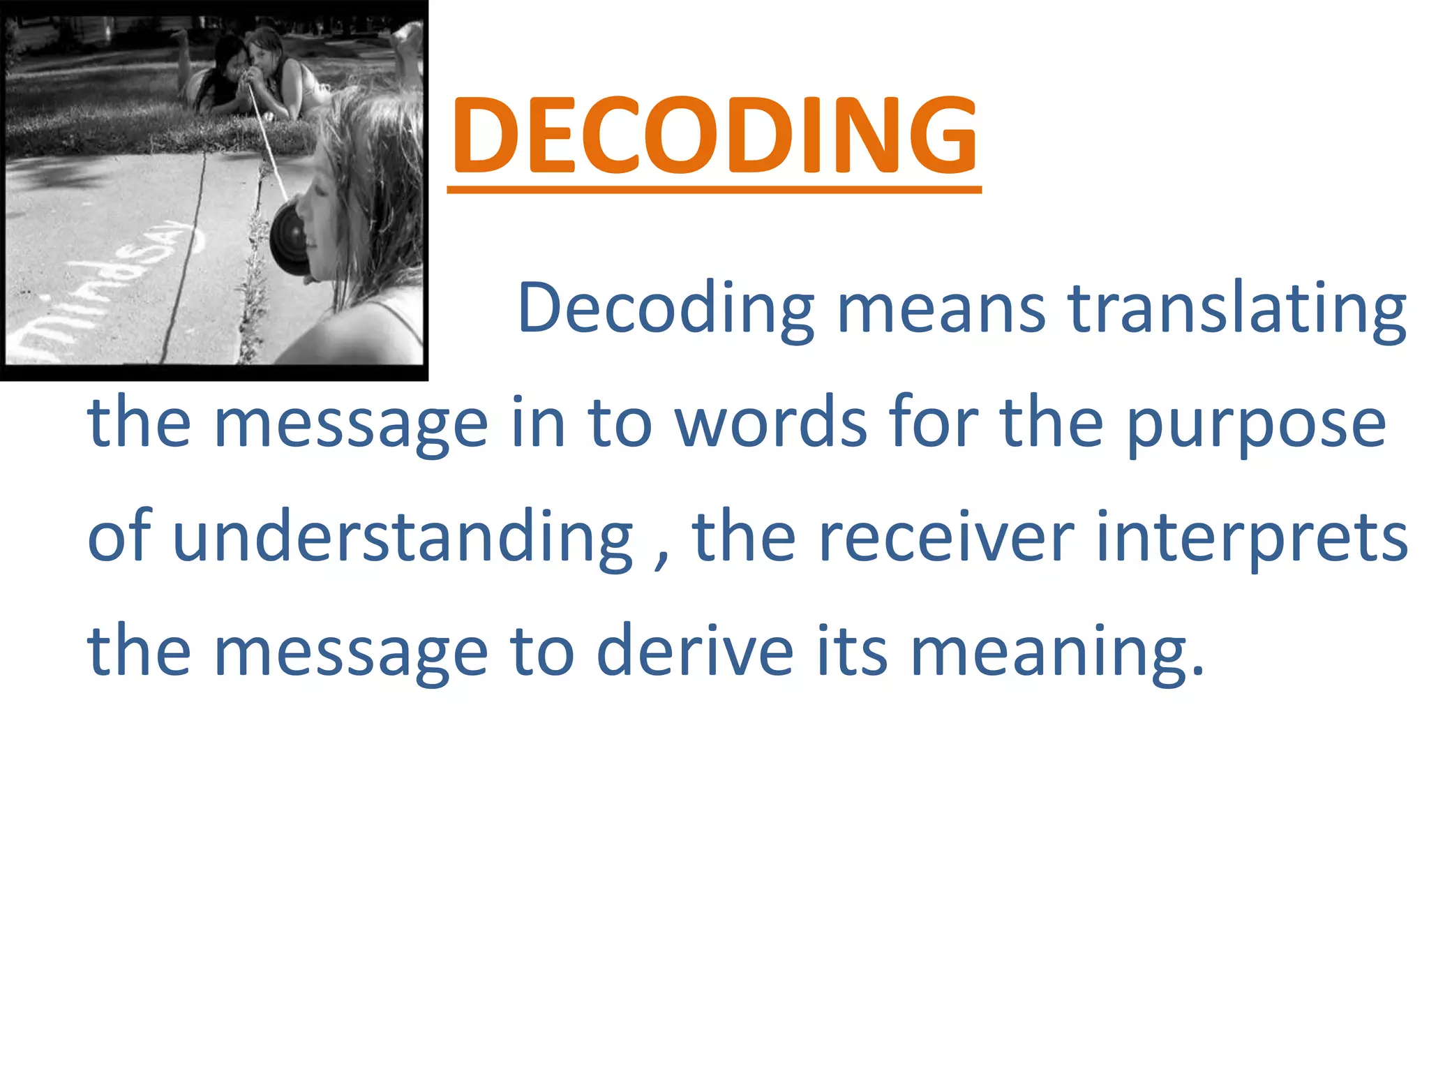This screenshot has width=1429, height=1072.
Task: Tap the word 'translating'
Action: pos(1236,309)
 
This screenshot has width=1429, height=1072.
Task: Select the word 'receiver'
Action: pos(946,537)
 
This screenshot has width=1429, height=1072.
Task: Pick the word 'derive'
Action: pos(695,650)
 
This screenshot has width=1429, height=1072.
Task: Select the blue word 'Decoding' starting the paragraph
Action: pos(666,309)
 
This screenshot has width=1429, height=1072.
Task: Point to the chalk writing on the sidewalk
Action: pos(105,286)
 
